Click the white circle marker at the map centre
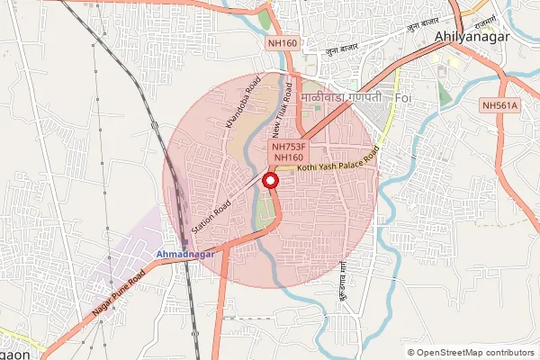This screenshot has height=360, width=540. [269, 181]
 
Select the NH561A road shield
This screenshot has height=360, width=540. [500, 106]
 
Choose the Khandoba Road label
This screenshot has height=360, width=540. [242, 103]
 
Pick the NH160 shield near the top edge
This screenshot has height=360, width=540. [282, 43]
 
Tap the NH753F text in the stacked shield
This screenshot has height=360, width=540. [290, 145]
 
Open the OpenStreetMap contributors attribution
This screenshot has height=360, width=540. [475, 353]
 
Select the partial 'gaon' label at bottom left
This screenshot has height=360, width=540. [14, 354]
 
